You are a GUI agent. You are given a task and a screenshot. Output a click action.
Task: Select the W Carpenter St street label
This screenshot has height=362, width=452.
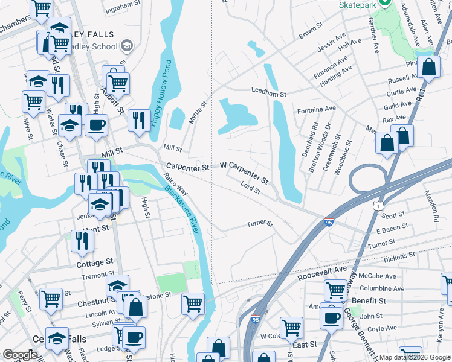[244, 172]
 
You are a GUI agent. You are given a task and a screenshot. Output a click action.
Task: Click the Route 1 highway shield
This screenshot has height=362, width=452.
[378, 206]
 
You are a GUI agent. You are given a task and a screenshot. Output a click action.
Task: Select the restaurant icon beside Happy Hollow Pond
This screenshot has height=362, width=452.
[139, 119]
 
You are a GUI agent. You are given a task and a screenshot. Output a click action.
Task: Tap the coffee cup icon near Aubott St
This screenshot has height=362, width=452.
[96, 125]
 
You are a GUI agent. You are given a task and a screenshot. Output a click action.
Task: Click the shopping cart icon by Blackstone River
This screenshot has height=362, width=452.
[193, 303]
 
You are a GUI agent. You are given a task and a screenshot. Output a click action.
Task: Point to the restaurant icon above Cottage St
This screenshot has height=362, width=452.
[82, 240]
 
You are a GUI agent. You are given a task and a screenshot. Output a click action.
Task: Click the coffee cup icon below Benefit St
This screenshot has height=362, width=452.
[331, 317]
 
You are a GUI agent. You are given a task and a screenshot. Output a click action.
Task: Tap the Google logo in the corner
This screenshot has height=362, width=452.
[21, 355]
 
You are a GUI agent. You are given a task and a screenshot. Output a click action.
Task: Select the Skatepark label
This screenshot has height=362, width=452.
[361, 4]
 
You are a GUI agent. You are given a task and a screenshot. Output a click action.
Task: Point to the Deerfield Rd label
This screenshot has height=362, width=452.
[314, 141]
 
